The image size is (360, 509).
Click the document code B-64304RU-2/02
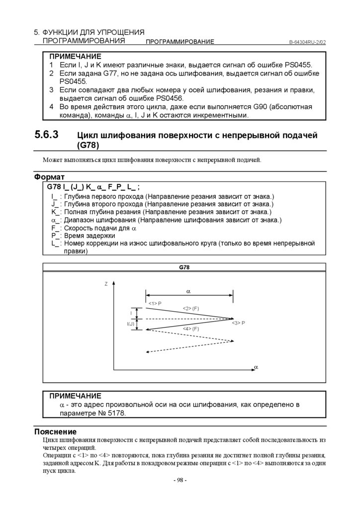pyautogui.click(x=307, y=42)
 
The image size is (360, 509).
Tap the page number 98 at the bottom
pyautogui.click(x=180, y=480)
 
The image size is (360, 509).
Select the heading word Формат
pyautogui.click(x=49, y=177)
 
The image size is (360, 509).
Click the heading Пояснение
pyautogui.click(x=55, y=431)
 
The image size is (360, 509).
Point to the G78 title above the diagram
pyautogui.click(x=184, y=267)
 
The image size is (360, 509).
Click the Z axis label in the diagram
pyautogui.click(x=106, y=284)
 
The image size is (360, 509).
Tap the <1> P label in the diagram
pyautogui.click(x=155, y=303)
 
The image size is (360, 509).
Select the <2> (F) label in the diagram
pyautogui.click(x=190, y=309)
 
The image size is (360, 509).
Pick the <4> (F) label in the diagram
pyautogui.click(x=190, y=330)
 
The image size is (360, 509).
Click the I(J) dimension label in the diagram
pyautogui.click(x=131, y=324)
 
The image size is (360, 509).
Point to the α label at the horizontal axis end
pyautogui.click(x=256, y=367)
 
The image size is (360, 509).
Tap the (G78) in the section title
pyautogui.click(x=89, y=145)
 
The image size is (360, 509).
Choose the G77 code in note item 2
pyautogui.click(x=113, y=73)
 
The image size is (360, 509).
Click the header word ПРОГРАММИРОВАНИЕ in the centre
pyautogui.click(x=180, y=42)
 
